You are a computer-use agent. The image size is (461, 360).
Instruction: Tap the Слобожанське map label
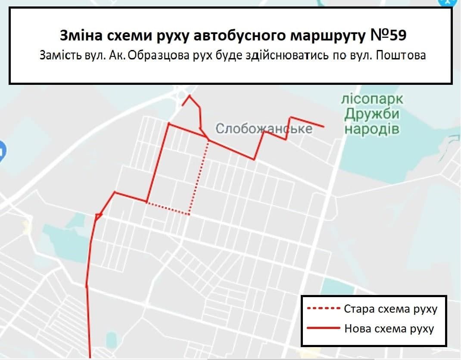[x=264, y=128]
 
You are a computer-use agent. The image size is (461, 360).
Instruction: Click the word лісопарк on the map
[x=372, y=99]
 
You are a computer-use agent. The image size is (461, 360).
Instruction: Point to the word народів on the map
[x=372, y=129]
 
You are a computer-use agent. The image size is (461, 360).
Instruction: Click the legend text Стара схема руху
[x=391, y=309]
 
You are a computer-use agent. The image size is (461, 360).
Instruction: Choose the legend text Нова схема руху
[x=389, y=329]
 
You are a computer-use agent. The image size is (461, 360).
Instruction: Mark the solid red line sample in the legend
[x=323, y=329]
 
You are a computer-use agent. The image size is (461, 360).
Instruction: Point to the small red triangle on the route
[x=99, y=216]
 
